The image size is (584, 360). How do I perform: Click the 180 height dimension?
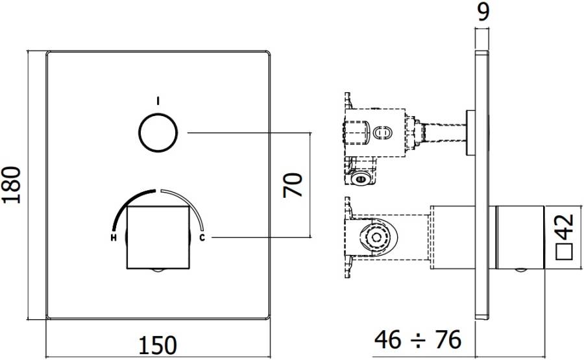pyautogui.click(x=14, y=184)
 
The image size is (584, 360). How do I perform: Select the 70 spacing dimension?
pyautogui.click(x=294, y=184)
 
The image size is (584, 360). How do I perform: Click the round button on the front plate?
pyautogui.click(x=158, y=132)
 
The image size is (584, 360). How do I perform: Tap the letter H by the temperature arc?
pyautogui.click(x=114, y=238)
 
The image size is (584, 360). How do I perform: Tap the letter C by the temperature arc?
pyautogui.click(x=202, y=238)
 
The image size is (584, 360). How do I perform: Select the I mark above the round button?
pyautogui.click(x=158, y=100)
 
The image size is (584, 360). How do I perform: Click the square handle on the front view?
pyautogui.click(x=158, y=237)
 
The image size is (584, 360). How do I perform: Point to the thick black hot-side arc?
pyautogui.click(x=127, y=208)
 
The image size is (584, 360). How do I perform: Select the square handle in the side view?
pyautogui.click(x=517, y=237)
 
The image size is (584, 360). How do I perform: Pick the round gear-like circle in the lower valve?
pyautogui.click(x=374, y=239)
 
